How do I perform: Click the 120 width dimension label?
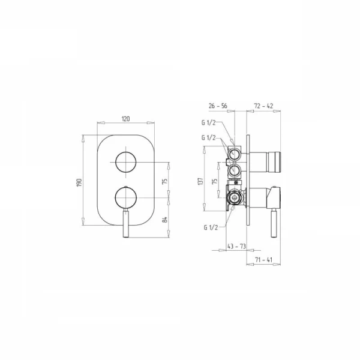(x=125, y=119)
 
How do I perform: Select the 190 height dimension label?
(x=79, y=182)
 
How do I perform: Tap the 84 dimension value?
(x=164, y=220)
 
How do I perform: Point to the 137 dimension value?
(x=200, y=181)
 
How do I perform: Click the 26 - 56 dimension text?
(x=218, y=106)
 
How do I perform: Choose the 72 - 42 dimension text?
(x=263, y=106)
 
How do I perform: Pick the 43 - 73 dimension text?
(x=236, y=247)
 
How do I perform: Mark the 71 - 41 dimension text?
(x=263, y=260)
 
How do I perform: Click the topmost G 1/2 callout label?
(x=208, y=122)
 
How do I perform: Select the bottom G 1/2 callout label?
(x=211, y=227)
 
